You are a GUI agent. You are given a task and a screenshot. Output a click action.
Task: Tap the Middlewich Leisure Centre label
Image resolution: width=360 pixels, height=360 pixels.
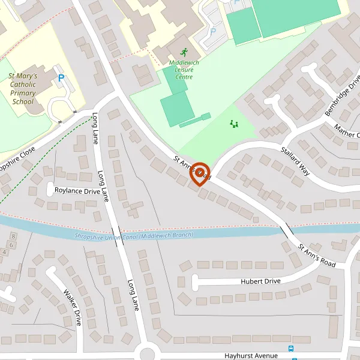[184, 70]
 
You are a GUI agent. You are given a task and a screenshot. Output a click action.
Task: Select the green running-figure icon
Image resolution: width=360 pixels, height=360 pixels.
[183, 52]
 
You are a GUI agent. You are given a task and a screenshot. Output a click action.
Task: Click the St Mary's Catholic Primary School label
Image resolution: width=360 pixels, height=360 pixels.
[23, 89]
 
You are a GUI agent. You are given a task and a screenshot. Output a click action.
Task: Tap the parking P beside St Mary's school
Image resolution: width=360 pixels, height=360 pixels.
[61, 77]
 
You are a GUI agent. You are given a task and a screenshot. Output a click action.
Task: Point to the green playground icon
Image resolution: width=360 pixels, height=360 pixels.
[233, 124]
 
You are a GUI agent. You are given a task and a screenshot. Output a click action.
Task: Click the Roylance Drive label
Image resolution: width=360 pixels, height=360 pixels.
[77, 191]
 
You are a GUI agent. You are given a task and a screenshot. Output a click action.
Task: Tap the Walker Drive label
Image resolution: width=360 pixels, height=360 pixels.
[73, 307]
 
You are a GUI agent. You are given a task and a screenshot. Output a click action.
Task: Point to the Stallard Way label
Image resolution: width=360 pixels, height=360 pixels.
[293, 159]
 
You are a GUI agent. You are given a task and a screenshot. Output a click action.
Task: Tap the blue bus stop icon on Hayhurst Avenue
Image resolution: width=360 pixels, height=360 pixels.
[291, 349]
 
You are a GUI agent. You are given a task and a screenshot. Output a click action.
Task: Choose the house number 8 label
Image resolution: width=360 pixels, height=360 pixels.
[13, 237]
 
